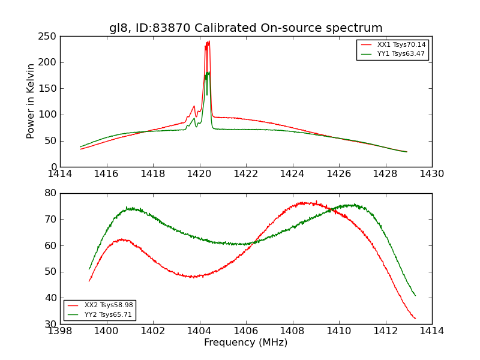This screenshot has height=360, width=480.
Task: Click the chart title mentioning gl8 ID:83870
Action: coord(245,28)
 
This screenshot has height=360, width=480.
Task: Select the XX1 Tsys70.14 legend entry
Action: coord(401,45)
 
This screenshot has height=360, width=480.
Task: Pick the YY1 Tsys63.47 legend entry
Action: coord(401,54)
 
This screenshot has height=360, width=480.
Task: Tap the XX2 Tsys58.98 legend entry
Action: coord(108,305)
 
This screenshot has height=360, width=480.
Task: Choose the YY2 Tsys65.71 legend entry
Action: coord(108,314)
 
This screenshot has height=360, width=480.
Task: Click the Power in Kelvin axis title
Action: coord(31,101)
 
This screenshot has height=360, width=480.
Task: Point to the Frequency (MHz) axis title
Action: coord(245,343)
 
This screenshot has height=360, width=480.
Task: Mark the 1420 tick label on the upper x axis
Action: coord(199,174)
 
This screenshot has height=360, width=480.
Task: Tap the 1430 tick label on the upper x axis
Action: coord(431,174)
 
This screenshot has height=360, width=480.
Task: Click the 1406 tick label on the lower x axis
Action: coord(246,331)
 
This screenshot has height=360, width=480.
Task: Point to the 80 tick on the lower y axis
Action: coord(50,193)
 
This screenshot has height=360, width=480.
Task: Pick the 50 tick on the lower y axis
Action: coord(50,272)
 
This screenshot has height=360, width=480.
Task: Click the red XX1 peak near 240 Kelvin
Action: coord(208,42)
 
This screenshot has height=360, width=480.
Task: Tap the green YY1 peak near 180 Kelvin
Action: coord(208,73)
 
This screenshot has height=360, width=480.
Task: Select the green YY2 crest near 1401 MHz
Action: coord(130,208)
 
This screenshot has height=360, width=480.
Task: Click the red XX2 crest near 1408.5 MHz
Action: coord(303,203)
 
